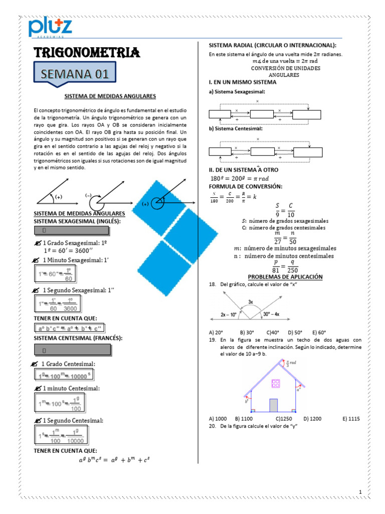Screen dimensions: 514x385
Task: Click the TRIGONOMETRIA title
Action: [86, 52]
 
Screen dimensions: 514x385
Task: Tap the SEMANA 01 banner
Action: [75, 74]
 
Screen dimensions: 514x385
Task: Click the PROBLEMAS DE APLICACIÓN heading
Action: [285, 277]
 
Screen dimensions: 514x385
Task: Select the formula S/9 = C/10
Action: [284, 210]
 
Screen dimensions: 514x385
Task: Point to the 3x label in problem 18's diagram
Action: [251, 302]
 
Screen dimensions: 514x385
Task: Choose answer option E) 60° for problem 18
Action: [319, 332]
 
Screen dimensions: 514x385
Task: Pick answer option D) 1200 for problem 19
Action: [312, 418]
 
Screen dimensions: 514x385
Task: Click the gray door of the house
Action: [274, 405]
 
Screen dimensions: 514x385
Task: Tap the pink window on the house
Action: [275, 384]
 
